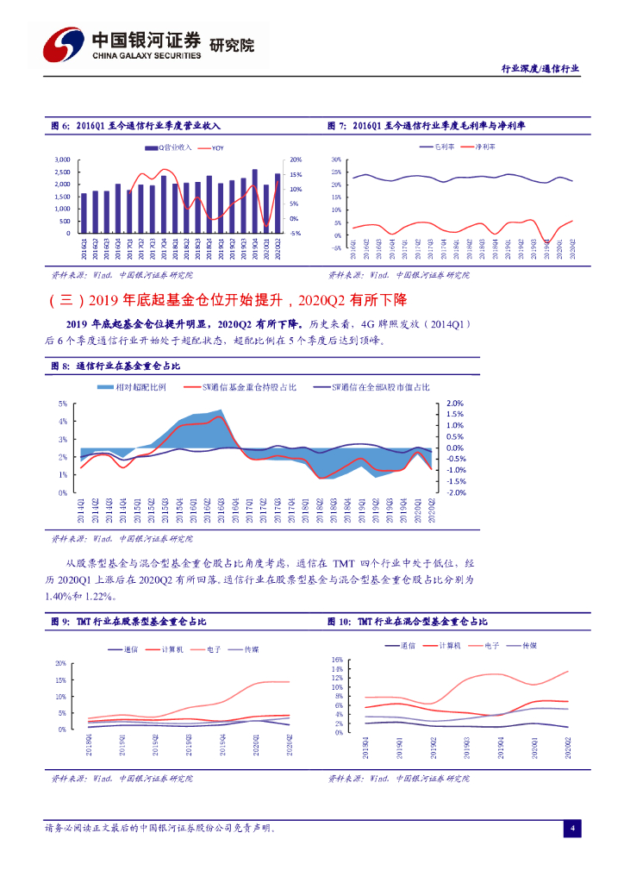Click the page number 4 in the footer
[x=572, y=829]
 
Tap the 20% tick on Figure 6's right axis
[x=295, y=160]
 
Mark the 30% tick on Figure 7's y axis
[x=335, y=160]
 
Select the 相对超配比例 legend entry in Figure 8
[x=140, y=387]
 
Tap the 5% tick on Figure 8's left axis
[x=63, y=404]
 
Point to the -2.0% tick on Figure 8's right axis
[x=453, y=493]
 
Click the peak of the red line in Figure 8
[x=221, y=417]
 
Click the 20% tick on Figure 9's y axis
[x=60, y=663]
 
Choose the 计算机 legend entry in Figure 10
[x=450, y=645]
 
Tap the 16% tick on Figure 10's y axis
[x=337, y=659]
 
